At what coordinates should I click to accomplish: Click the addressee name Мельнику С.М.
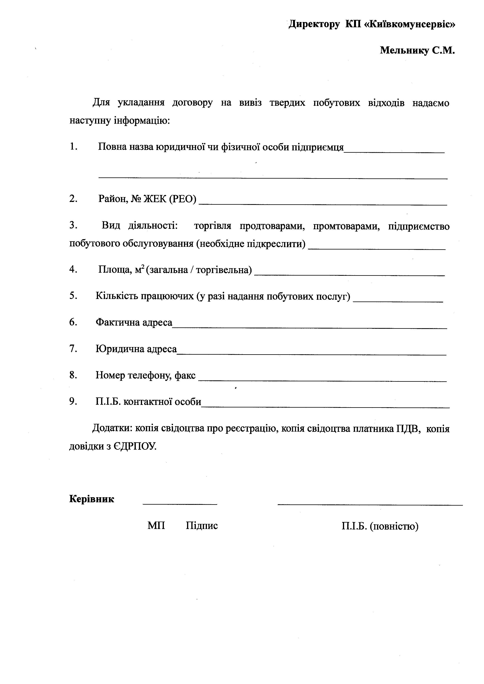417,51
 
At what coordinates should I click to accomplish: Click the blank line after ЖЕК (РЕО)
323,204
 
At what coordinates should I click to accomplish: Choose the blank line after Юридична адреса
311,354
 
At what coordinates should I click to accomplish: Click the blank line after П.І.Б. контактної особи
325,407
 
